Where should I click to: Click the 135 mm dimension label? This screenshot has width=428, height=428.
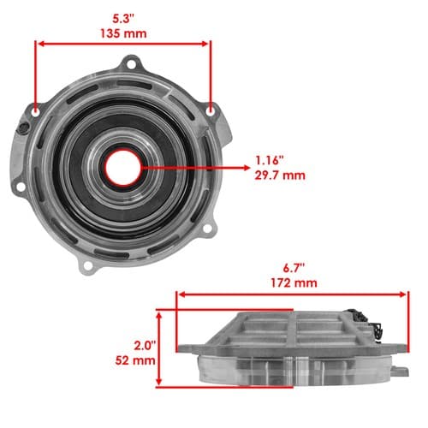(123, 33)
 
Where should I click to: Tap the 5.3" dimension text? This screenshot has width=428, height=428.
(123, 19)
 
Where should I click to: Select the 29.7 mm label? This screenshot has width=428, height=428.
(280, 175)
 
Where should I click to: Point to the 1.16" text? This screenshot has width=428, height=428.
(270, 161)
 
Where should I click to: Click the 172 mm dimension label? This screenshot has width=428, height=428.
(294, 283)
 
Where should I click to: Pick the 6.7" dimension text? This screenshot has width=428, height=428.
(294, 269)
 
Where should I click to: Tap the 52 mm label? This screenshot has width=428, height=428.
(135, 360)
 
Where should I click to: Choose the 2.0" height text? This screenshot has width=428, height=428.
(145, 346)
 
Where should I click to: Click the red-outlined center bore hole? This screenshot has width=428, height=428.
(123, 168)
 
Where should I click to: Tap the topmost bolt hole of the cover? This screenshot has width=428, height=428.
(131, 64)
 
